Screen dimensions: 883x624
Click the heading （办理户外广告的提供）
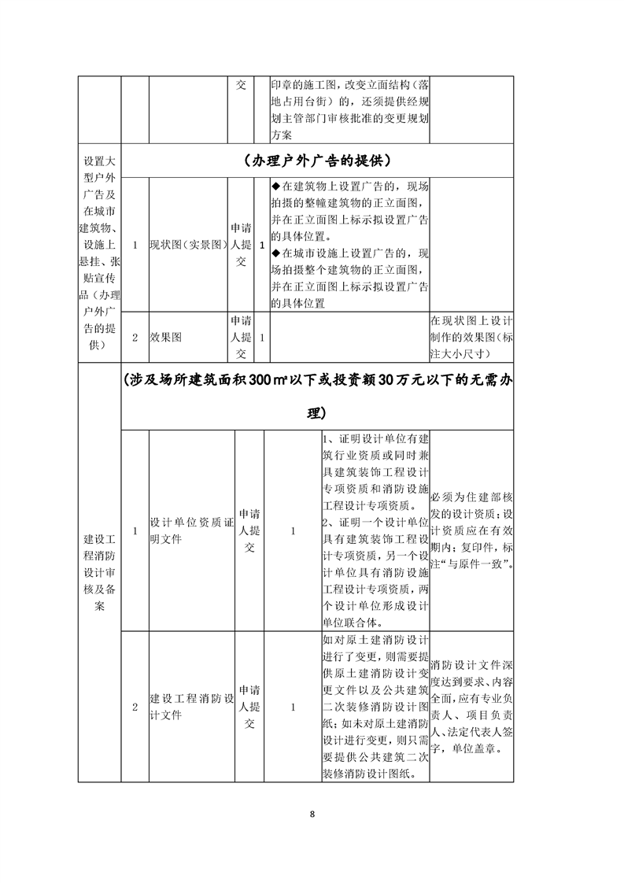pos(318,161)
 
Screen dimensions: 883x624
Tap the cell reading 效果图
pos(166,337)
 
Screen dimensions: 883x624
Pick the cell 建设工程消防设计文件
pos(192,707)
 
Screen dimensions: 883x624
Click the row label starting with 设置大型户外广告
pos(100,245)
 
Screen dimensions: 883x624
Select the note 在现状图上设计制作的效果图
pos(471,337)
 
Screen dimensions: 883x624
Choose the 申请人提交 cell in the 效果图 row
pos(241,337)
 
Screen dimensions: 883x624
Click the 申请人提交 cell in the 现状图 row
pos(241,245)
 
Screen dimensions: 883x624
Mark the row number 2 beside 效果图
pos(135,337)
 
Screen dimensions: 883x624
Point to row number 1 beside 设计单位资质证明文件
pos(135,531)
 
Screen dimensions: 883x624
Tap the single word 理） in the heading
pos(317,413)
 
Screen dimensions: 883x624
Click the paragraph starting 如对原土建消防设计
pos(375,707)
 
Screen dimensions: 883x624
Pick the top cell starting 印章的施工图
pos(350,110)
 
